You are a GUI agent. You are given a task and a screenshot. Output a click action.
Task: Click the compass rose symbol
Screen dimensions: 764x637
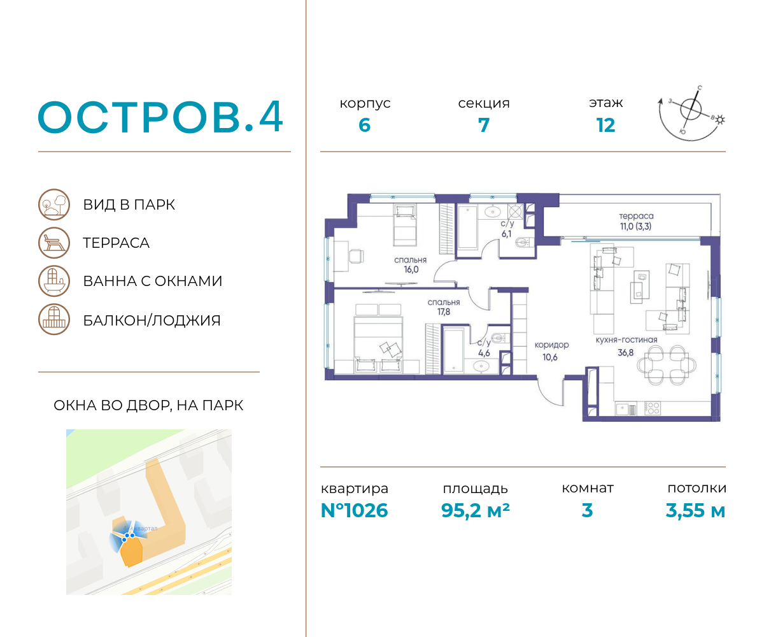tap(691, 109)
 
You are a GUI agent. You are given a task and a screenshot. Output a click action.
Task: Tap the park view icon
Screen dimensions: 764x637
tap(54, 204)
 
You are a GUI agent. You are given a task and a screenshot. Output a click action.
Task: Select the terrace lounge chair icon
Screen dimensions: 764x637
tap(54, 243)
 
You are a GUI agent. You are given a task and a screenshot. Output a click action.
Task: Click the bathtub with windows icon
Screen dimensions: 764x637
tap(54, 281)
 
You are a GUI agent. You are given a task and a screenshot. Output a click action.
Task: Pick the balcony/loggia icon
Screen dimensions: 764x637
tap(54, 319)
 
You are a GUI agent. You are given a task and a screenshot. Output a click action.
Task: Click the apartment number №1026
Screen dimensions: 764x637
tap(354, 510)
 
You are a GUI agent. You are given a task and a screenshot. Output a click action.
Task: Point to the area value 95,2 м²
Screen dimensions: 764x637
tap(475, 510)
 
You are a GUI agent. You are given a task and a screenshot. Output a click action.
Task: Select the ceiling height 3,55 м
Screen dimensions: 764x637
tap(695, 510)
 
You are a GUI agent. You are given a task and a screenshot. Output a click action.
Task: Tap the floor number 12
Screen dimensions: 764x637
tap(605, 125)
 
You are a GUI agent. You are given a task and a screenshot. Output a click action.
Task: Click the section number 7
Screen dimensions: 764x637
tap(484, 125)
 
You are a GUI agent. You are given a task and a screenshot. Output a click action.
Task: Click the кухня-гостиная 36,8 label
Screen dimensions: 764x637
tap(626, 346)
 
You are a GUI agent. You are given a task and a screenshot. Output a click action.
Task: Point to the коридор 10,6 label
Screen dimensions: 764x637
tap(551, 351)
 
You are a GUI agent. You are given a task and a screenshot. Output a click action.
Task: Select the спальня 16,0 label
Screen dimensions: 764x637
tap(411, 265)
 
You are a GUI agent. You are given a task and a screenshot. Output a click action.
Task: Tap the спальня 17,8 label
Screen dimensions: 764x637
tap(444, 307)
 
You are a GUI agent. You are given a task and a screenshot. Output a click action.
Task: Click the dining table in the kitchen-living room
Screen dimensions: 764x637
tap(667, 365)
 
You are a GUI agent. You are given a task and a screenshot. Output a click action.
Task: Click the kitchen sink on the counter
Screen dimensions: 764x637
tap(626, 409)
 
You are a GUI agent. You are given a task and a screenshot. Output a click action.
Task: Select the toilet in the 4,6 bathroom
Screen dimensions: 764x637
tap(499, 337)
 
